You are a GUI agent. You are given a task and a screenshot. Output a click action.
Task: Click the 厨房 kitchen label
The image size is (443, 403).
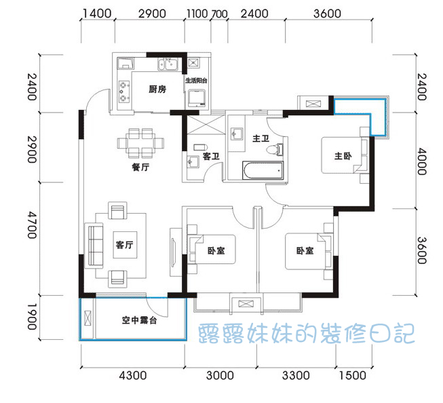click(157, 90)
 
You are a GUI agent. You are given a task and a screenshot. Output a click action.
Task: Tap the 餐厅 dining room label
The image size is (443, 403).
click(140, 167)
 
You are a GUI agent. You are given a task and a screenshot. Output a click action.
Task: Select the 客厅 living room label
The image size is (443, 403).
click(125, 244)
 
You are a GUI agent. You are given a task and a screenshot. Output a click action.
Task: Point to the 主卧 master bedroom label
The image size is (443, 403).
click(343, 156)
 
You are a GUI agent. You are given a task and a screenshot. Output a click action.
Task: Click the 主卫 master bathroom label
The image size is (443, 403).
click(261, 138)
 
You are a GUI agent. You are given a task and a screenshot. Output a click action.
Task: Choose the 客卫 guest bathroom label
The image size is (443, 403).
click(211, 156)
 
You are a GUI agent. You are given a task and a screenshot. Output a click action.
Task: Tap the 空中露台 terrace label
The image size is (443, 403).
click(139, 320)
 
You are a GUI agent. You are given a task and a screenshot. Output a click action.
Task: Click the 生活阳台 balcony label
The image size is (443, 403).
click(196, 81)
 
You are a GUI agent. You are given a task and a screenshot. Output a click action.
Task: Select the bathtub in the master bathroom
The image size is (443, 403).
click(263, 170)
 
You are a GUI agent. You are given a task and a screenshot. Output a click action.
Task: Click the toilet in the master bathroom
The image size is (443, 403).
click(275, 149)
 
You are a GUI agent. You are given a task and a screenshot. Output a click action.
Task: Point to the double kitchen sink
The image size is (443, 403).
click(168, 64)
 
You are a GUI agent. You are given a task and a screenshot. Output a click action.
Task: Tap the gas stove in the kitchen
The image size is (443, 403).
click(124, 92)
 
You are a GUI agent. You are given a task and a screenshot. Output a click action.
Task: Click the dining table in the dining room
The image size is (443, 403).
click(140, 143)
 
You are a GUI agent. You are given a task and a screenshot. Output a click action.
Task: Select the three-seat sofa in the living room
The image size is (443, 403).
click(94, 246)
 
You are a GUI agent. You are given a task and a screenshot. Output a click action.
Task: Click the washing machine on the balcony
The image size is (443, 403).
click(197, 98)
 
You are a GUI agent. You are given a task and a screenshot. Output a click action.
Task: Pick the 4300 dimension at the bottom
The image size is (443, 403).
click(133, 376)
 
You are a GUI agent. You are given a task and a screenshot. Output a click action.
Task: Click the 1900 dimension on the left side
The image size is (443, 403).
click(32, 317)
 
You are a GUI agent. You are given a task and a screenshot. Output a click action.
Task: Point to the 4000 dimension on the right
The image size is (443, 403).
click(422, 161)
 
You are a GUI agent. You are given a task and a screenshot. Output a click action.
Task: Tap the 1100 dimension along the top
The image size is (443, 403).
click(197, 14)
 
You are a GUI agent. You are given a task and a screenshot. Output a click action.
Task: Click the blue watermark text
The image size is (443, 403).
click(306, 334)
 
